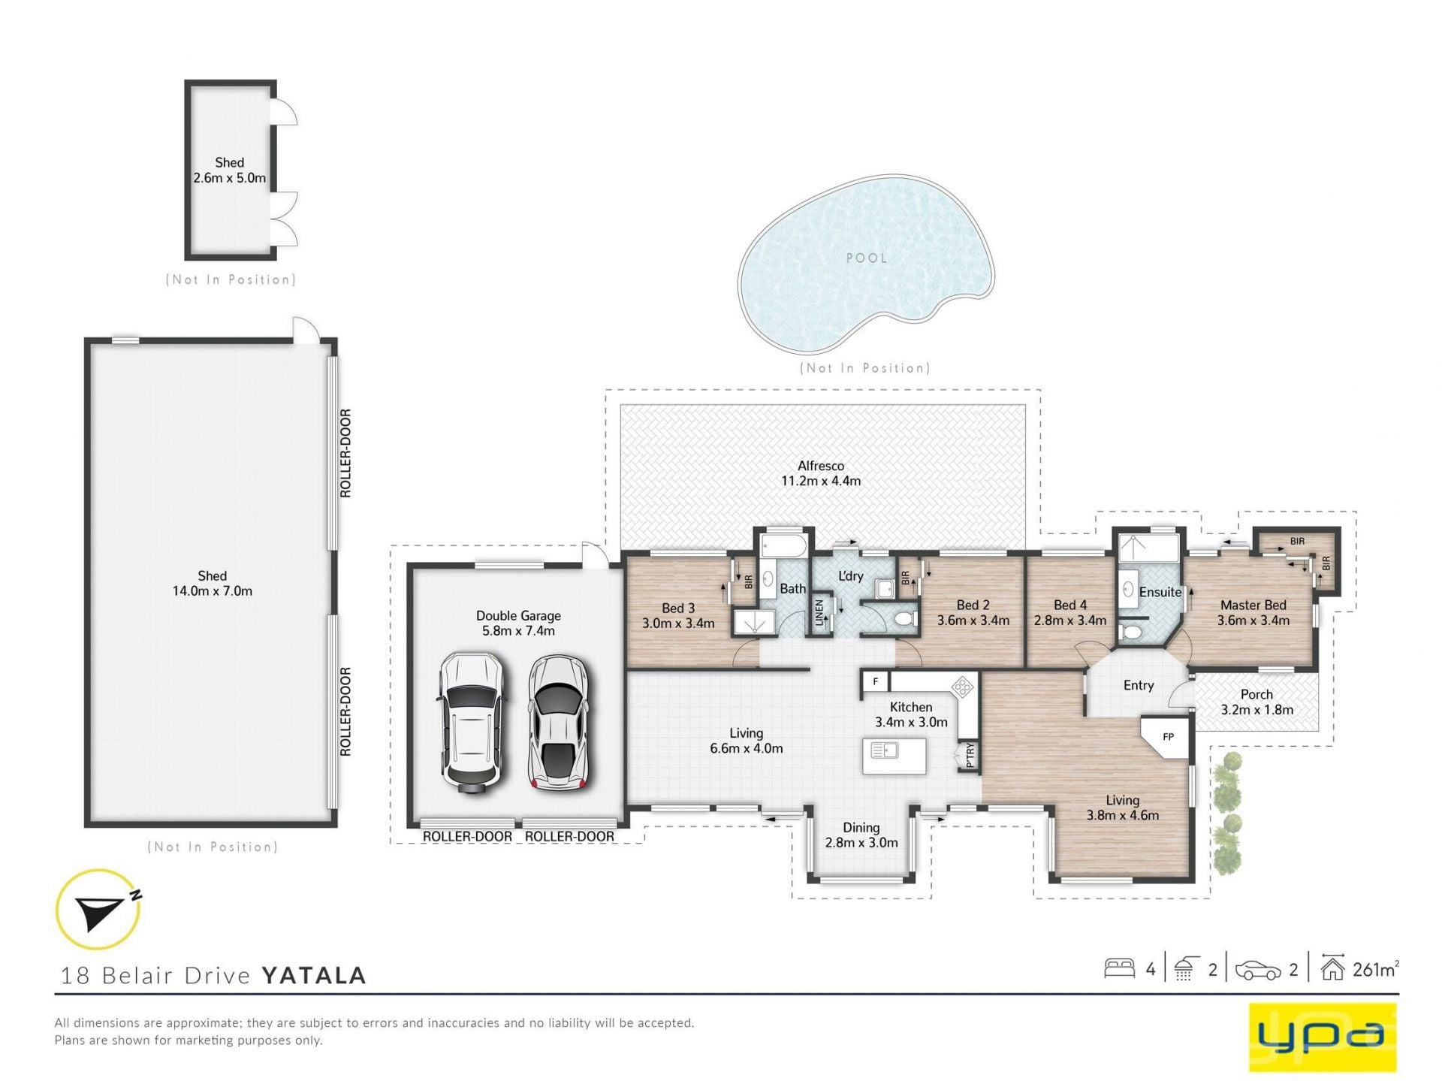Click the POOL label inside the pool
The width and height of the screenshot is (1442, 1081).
[867, 258]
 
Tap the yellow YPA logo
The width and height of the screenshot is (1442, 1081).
[1323, 1036]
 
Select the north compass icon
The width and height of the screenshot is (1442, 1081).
[98, 909]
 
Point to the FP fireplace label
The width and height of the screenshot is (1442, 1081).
[1168, 737]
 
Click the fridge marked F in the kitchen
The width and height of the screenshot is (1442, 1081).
[875, 681]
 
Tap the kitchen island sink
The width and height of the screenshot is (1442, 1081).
[884, 750]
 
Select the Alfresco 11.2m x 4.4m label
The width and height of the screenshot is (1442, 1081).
[821, 473]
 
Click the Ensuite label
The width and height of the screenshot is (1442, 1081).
[1160, 592]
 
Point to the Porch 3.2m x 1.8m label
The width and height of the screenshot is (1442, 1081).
[1256, 702]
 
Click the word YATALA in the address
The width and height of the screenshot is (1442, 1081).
[314, 975]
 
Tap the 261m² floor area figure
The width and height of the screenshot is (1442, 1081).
[1376, 969]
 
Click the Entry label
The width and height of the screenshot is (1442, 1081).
[1139, 685]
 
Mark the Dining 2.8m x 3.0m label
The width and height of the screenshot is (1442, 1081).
[861, 835]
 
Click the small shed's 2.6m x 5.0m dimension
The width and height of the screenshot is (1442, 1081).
[229, 178]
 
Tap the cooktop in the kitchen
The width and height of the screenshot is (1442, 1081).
[963, 687]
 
